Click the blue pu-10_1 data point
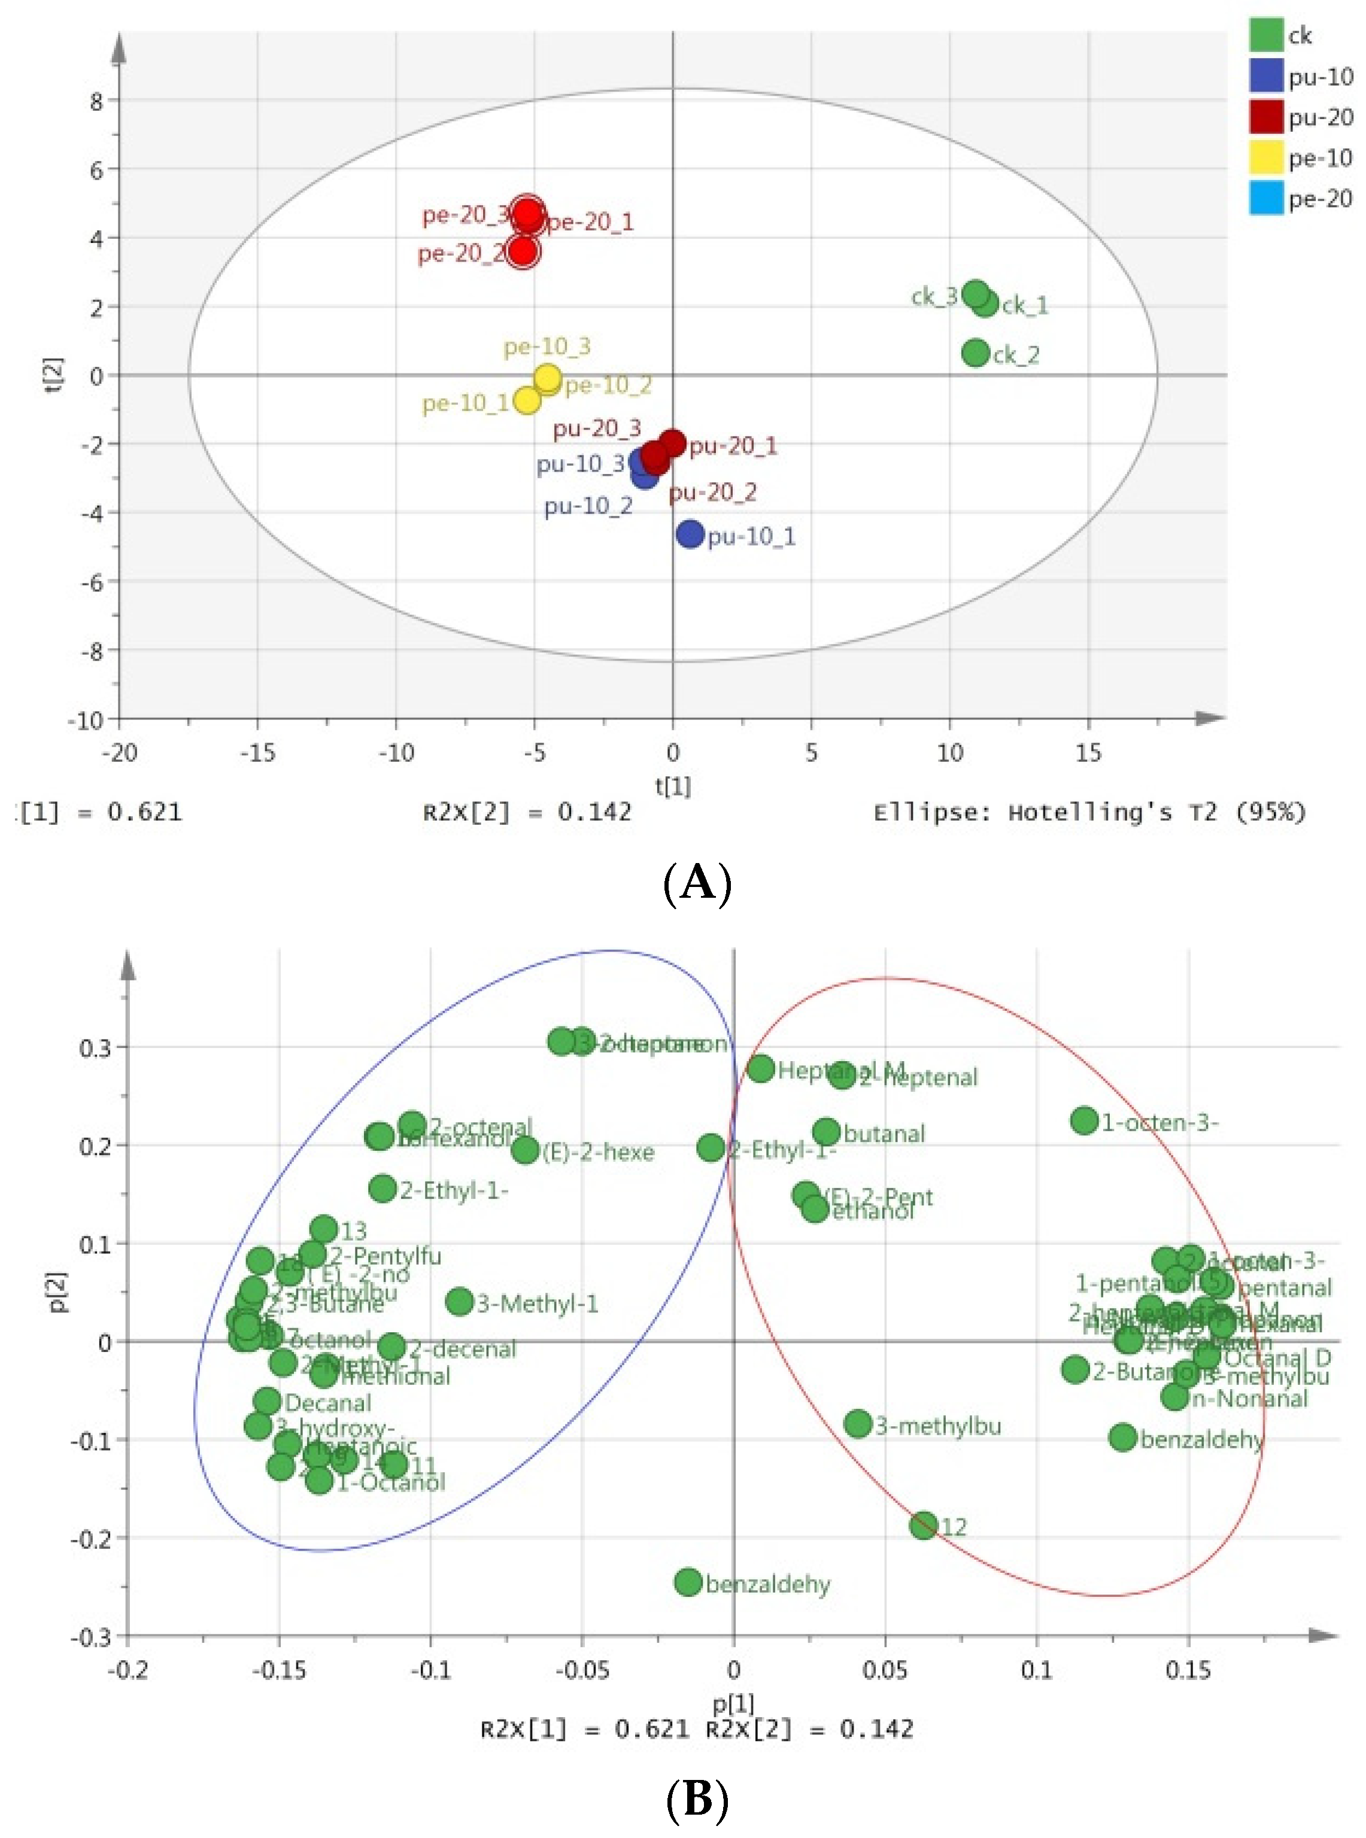[690, 534]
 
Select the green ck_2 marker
[976, 353]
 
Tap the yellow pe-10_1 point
[527, 401]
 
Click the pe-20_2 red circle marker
[523, 251]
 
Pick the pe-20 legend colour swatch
[1266, 199]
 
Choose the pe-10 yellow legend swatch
[1266, 157]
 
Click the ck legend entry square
[1266, 35]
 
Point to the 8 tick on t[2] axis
[97, 101]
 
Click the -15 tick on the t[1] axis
[257, 752]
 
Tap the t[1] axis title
[672, 785]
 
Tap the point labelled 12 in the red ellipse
[924, 1526]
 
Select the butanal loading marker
[826, 1132]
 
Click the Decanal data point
[267, 1400]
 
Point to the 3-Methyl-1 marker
[460, 1301]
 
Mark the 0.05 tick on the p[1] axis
[885, 1670]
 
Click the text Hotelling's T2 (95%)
[1157, 813]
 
